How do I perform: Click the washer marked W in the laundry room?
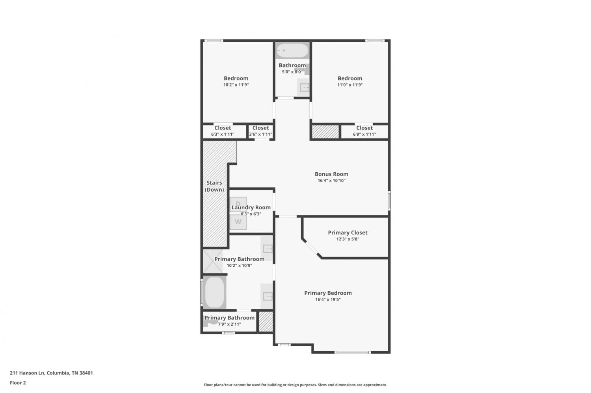238,222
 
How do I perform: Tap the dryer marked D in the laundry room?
238,203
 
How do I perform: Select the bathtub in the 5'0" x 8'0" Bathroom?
292,50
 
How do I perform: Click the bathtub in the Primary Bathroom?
214,292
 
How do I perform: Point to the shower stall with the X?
213,261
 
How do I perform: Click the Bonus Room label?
331,174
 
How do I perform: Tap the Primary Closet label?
348,232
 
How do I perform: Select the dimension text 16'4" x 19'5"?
328,299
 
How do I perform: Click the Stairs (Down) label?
214,186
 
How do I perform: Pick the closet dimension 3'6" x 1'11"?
260,134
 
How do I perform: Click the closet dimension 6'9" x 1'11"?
364,134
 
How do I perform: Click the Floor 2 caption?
18,383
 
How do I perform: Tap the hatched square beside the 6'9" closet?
325,132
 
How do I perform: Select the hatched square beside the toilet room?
266,322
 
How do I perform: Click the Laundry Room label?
251,208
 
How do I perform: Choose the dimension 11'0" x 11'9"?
350,85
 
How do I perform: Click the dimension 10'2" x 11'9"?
236,85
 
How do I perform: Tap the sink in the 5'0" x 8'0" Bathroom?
304,87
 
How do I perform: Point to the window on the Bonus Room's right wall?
389,201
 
